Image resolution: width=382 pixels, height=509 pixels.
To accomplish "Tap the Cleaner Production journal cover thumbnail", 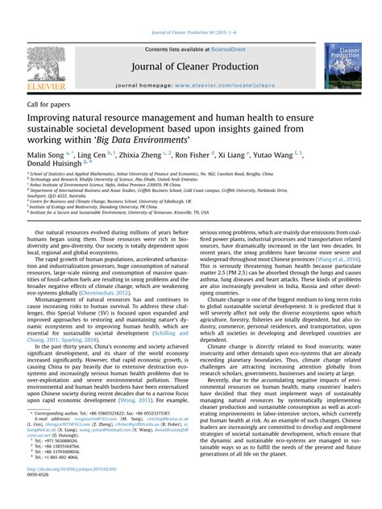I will click(343, 65).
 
